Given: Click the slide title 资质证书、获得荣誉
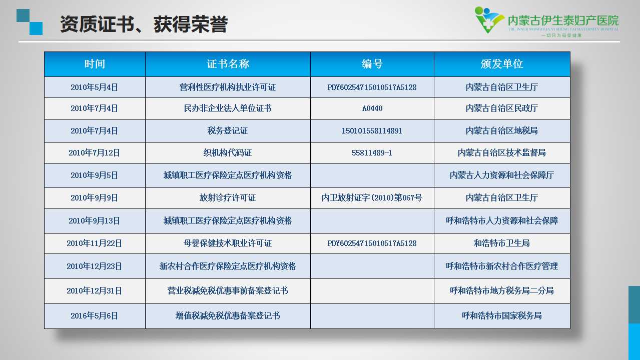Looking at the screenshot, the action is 144,24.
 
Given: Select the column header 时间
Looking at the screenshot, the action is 95,64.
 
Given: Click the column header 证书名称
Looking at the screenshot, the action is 228,64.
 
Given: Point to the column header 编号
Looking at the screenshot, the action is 372,64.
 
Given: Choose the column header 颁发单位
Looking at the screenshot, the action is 502,64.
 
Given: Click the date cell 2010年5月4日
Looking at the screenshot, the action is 94,87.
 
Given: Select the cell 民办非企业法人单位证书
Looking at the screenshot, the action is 228,108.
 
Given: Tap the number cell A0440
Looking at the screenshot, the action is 372,108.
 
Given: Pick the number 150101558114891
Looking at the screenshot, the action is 372,131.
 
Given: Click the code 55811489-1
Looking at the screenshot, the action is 372,153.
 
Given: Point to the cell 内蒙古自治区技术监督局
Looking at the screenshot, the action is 502,152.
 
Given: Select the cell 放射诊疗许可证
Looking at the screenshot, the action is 228,197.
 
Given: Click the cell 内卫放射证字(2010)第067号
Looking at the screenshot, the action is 372,197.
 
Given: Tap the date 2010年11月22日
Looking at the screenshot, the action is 94,243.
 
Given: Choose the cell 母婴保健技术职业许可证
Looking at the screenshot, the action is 228,243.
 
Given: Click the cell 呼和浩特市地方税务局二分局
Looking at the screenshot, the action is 502,290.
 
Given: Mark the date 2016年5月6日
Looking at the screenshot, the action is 94,315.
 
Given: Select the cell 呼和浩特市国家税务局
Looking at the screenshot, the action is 502,315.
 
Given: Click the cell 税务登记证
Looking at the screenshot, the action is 228,131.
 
